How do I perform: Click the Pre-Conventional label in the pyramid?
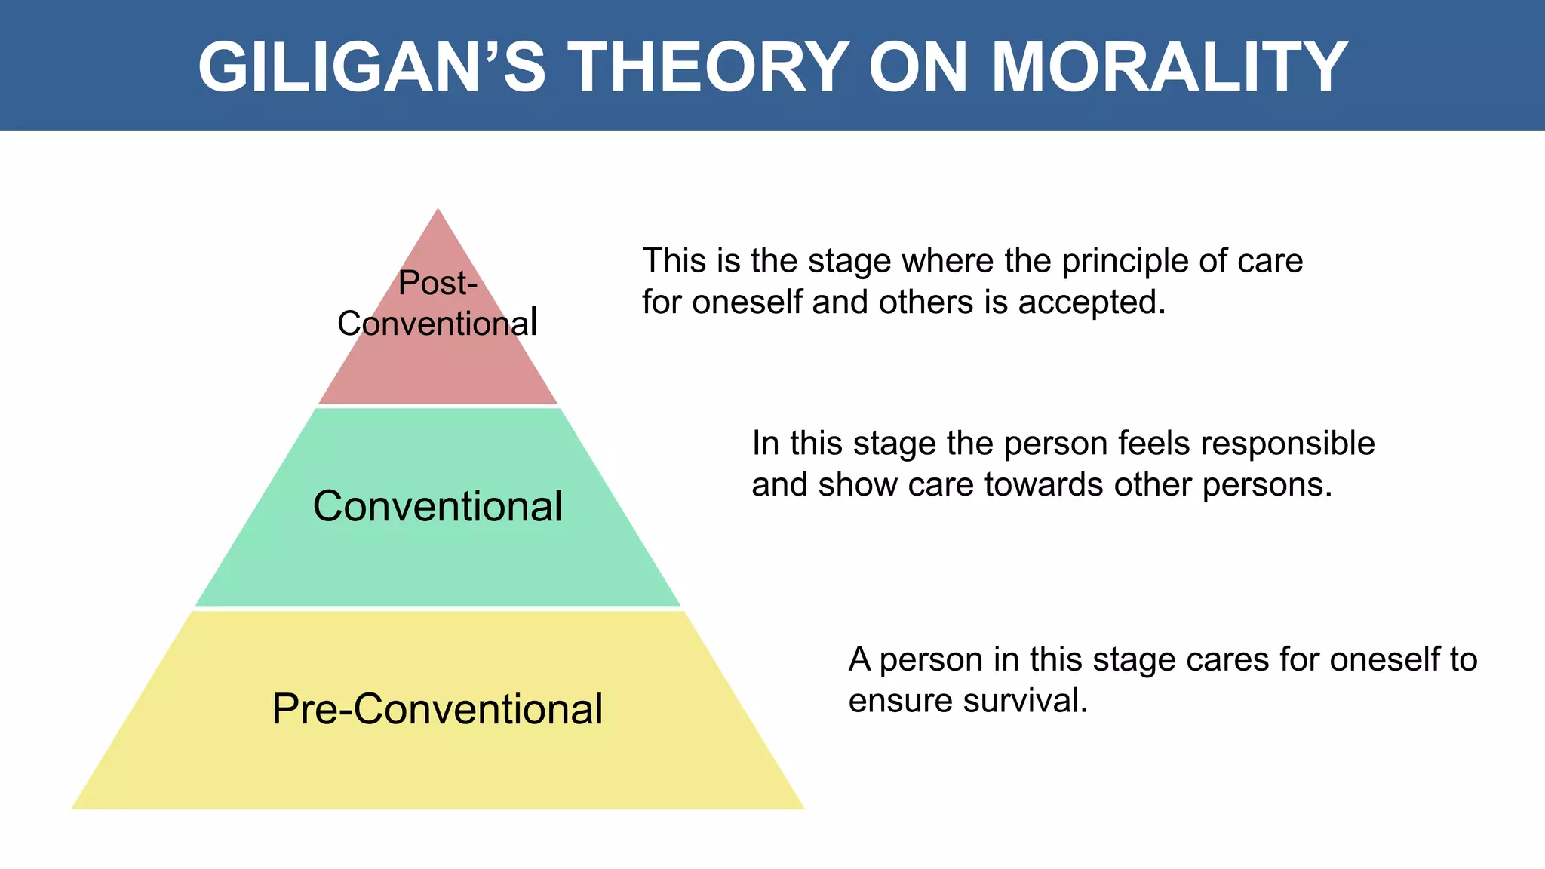(438, 709)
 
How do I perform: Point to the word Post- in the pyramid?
(438, 283)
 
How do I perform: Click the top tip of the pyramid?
(438, 210)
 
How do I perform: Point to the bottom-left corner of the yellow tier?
(73, 808)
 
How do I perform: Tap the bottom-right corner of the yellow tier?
(803, 808)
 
